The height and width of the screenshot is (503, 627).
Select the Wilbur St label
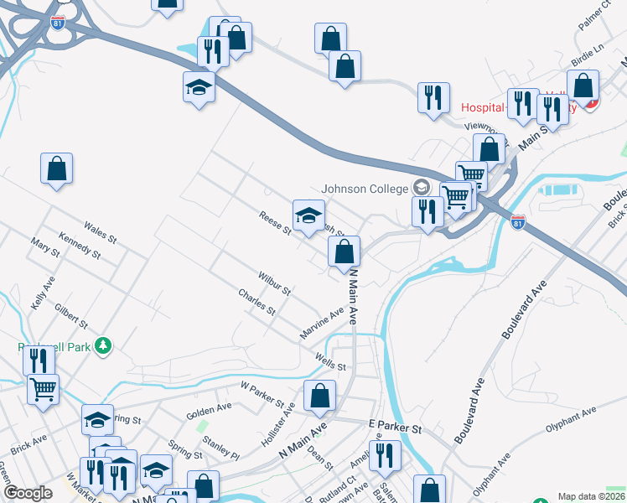pyautogui.click(x=273, y=283)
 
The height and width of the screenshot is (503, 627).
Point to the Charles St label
pyautogui.click(x=256, y=302)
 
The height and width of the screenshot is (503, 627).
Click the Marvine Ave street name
pyautogui.click(x=323, y=324)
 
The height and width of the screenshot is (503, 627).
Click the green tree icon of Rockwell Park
pyautogui.click(x=103, y=345)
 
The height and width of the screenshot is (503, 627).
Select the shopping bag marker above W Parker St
pyautogui.click(x=319, y=397)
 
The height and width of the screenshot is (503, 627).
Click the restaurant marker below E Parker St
pyautogui.click(x=385, y=457)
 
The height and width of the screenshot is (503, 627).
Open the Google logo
pyautogui.click(x=28, y=493)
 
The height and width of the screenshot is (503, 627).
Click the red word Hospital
pyautogui.click(x=483, y=108)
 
